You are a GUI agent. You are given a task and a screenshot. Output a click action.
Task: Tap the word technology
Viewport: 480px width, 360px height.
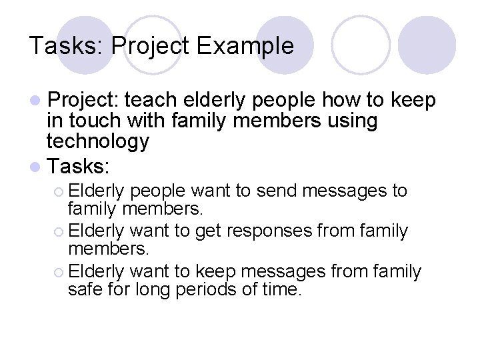(98, 141)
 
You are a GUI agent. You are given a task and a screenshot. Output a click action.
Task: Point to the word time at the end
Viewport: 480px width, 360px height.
(282, 291)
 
